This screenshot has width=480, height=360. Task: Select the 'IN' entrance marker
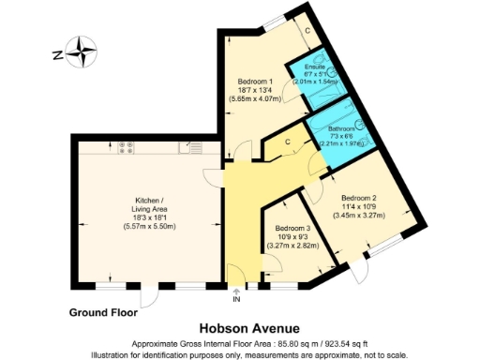235,300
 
